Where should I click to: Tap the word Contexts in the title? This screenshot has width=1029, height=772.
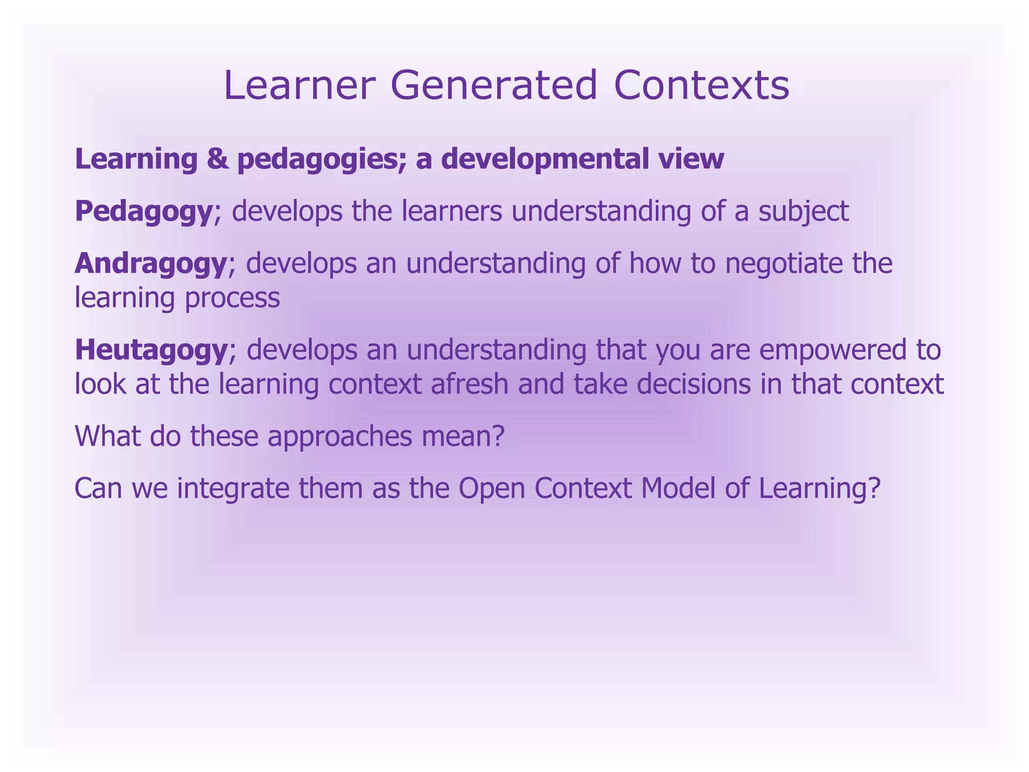click(x=701, y=85)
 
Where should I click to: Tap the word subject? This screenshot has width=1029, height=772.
click(x=804, y=212)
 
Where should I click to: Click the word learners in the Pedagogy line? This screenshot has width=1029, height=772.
click(x=452, y=212)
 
